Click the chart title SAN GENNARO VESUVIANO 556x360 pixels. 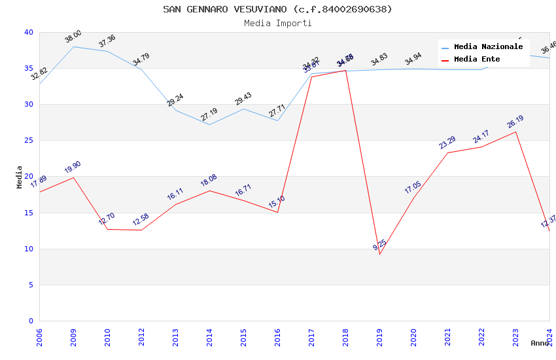point(277,9)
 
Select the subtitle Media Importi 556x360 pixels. point(277,23)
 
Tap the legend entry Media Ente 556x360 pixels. point(477,60)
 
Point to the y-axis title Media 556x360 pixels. point(20,177)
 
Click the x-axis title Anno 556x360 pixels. point(540,343)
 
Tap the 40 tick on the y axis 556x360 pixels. point(28,32)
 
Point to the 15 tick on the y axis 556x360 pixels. point(28,213)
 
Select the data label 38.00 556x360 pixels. point(73,37)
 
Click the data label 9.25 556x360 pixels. point(379,245)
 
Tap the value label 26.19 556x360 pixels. point(515,122)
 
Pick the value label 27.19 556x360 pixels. point(209,115)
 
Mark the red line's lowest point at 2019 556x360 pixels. point(379,254)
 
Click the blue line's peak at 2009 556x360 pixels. point(73,46)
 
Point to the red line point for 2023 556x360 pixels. point(515,132)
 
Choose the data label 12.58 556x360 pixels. point(141,220)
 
